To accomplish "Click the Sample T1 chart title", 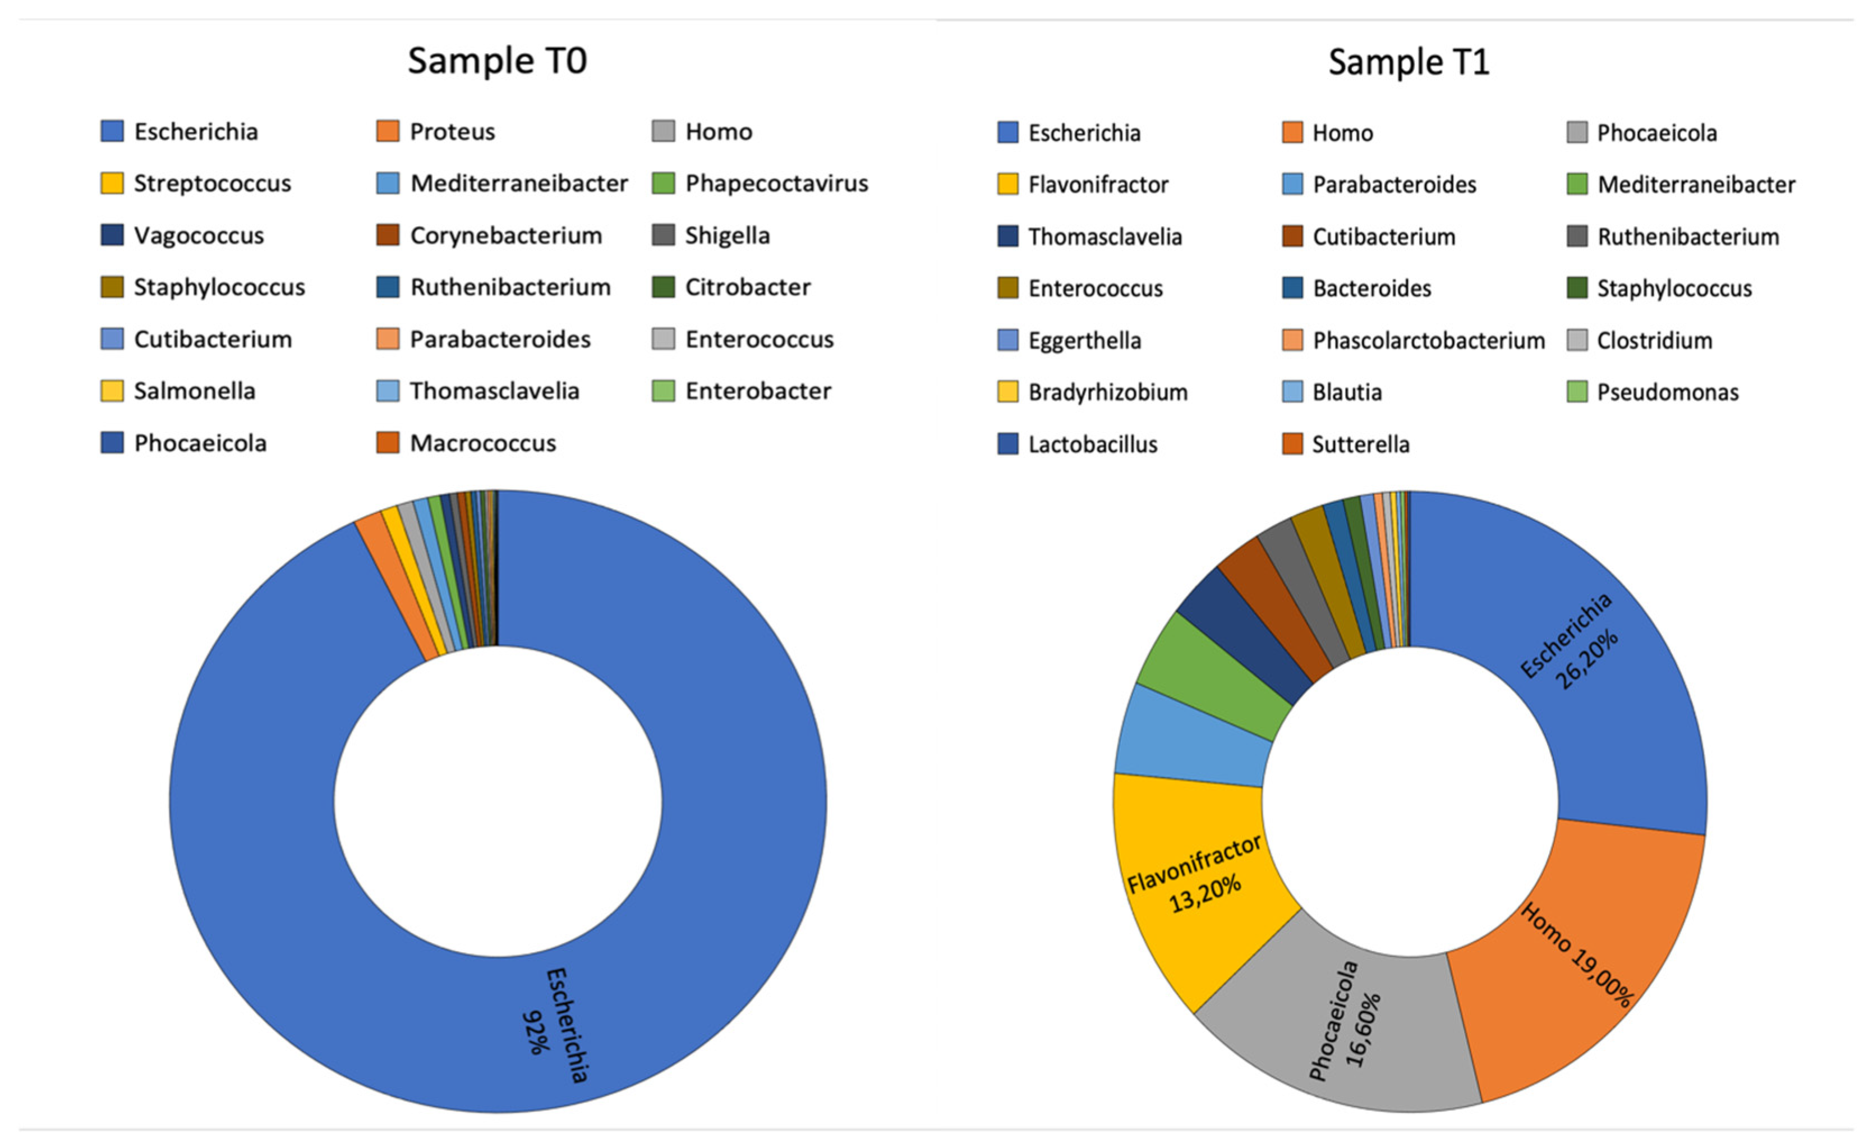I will [1408, 62].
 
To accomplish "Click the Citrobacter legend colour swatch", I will [663, 287].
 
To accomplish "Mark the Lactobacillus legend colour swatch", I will [1007, 444].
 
